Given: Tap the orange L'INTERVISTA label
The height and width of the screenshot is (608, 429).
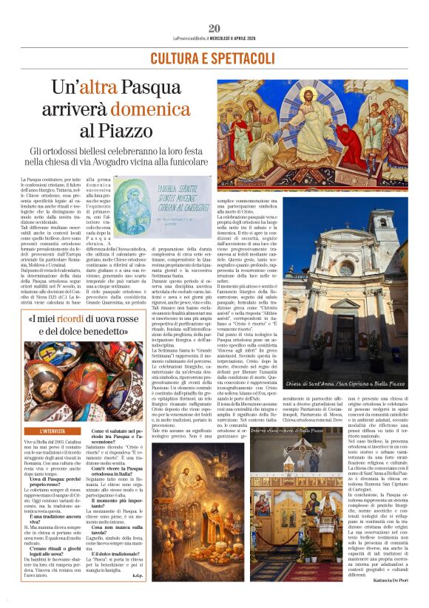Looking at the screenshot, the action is [x=55, y=430].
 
